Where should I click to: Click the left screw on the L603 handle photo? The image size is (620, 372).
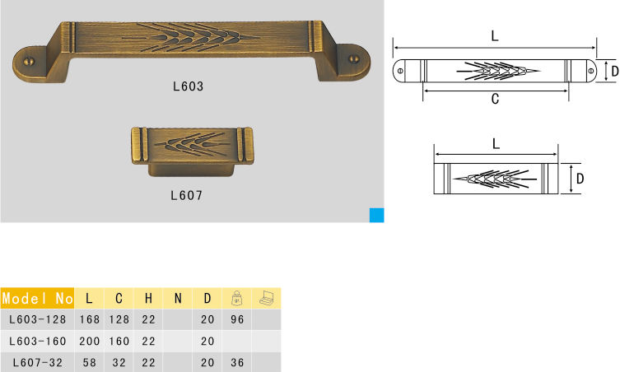[x=29, y=61]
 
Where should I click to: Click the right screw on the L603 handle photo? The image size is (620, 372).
[x=354, y=59]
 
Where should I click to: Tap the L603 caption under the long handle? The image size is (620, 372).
[x=189, y=86]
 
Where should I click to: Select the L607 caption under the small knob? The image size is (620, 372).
[x=187, y=195]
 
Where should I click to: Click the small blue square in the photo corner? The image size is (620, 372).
[x=377, y=215]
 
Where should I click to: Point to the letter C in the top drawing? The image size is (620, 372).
[x=495, y=99]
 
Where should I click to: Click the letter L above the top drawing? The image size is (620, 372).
[x=495, y=36]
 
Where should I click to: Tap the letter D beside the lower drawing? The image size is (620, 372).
[x=580, y=179]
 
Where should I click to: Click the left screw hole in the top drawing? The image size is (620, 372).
[x=400, y=71]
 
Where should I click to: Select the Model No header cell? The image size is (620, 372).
[x=38, y=298]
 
